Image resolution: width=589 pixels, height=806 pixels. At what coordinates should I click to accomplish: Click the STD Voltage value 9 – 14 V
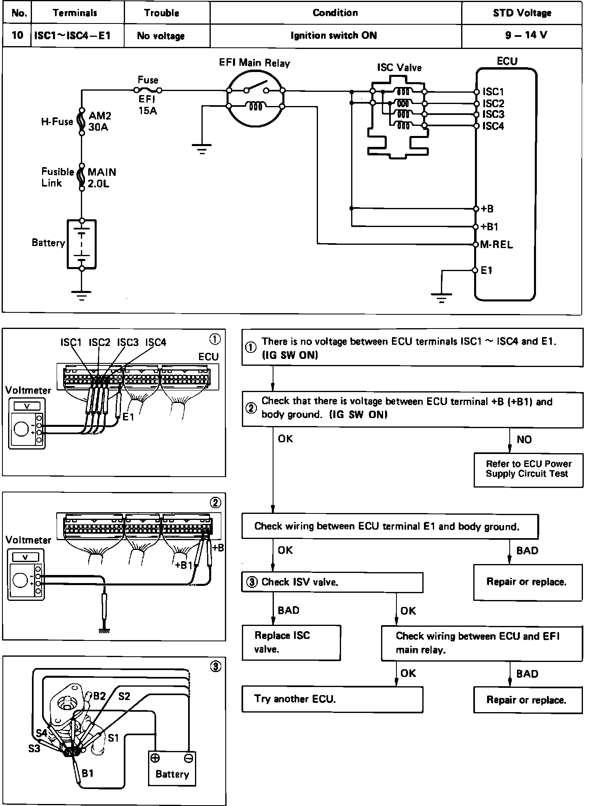526,35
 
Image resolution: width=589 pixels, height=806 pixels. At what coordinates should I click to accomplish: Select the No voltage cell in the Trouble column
161,36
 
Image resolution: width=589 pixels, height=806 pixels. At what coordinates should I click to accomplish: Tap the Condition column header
335,13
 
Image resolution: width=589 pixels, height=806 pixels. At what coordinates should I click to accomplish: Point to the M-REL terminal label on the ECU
496,245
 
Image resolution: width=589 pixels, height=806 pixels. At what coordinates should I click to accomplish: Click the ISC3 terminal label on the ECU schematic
493,115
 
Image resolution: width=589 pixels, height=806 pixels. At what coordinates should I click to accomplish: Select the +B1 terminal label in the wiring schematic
490,227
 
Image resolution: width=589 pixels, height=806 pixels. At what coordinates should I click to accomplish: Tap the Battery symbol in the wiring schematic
82,244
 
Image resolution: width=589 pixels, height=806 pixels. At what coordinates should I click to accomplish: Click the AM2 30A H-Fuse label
100,121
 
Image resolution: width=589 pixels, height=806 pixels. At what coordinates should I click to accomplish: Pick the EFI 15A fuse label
147,105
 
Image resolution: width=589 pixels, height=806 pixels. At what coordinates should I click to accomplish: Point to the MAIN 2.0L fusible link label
102,178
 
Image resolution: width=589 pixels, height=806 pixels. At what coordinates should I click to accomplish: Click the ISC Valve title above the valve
399,68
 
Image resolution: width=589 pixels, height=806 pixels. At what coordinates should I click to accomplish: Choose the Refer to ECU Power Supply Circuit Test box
528,469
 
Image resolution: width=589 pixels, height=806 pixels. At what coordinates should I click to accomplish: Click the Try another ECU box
332,699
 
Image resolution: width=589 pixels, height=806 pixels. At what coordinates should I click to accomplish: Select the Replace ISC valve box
291,643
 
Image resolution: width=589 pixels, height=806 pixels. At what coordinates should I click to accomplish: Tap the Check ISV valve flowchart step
332,582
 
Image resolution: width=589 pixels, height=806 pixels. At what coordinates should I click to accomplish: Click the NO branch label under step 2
524,439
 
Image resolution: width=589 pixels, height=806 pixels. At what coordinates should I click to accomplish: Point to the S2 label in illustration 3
124,696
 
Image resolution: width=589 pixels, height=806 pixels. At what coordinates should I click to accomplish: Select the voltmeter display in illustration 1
27,406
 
